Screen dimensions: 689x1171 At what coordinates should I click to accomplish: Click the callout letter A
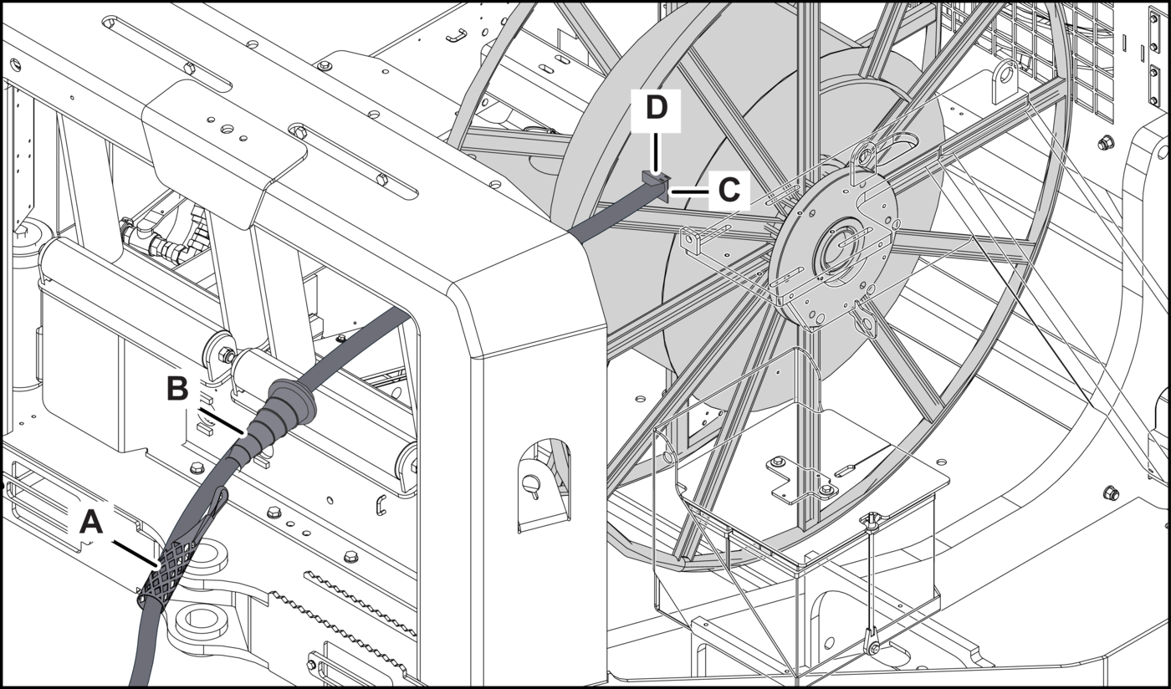point(90,523)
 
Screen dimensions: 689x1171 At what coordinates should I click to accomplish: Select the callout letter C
point(728,191)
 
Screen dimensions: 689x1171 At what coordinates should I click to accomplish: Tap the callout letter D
point(657,108)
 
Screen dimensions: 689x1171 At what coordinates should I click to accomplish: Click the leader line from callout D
point(657,146)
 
